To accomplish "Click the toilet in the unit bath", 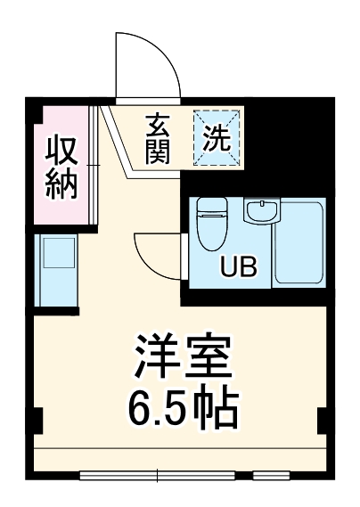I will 210,223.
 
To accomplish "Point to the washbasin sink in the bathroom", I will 261,214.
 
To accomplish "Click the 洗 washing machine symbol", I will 218,138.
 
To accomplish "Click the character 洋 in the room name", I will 153,358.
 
